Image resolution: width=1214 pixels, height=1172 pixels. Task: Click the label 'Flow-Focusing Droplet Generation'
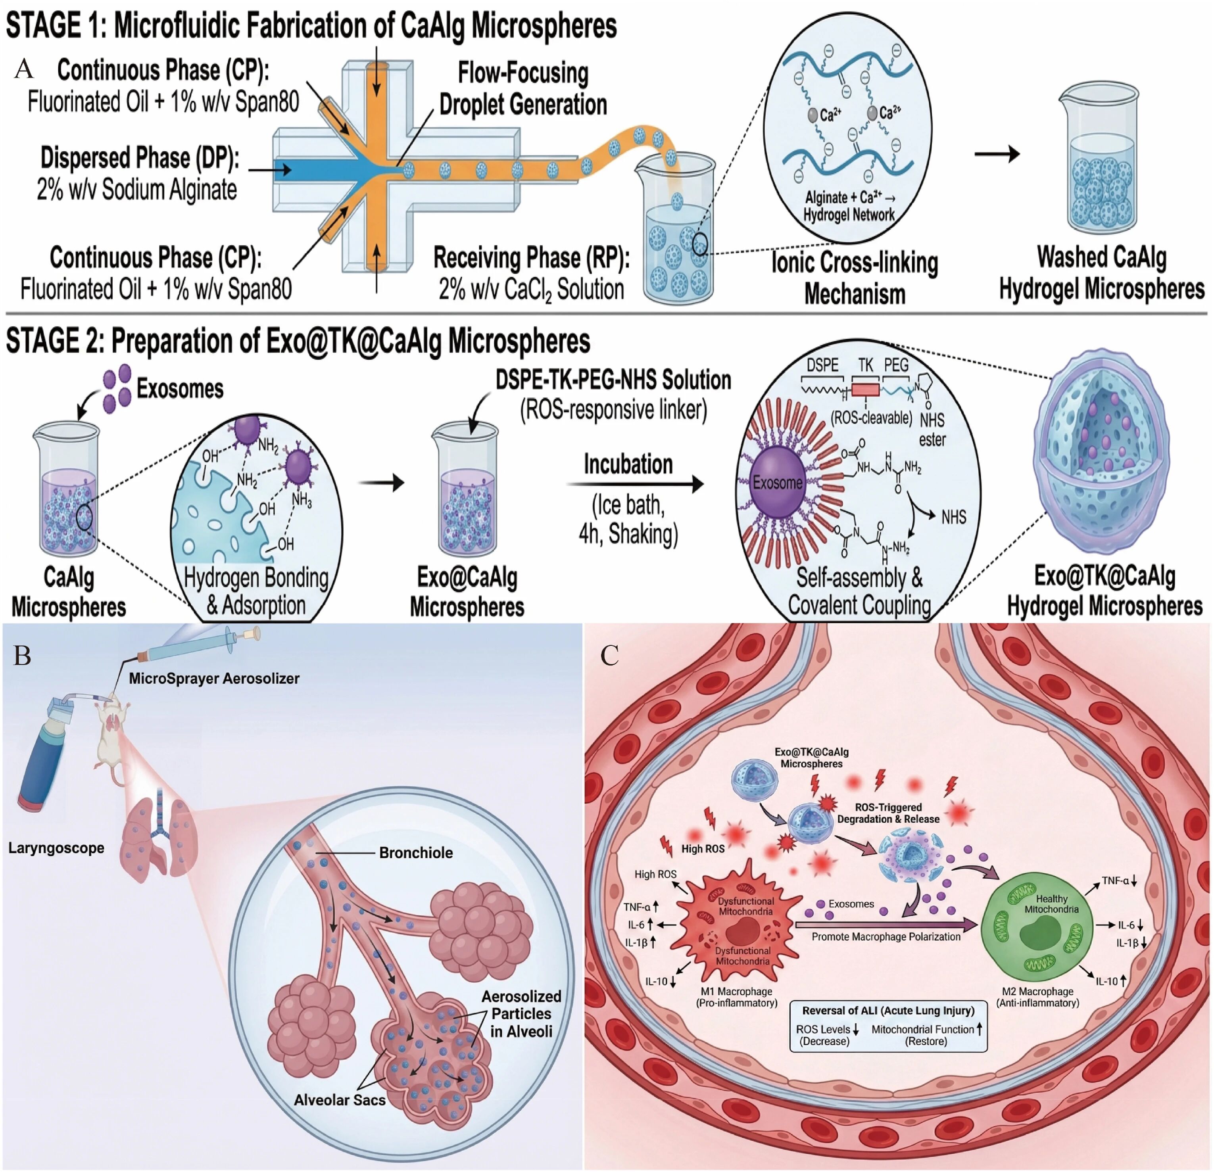(523, 88)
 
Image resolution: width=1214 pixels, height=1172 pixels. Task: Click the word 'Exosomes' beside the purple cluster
(180, 389)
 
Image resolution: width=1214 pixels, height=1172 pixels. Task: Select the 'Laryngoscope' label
(56, 848)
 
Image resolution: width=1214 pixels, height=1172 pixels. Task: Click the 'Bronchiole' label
(416, 853)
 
